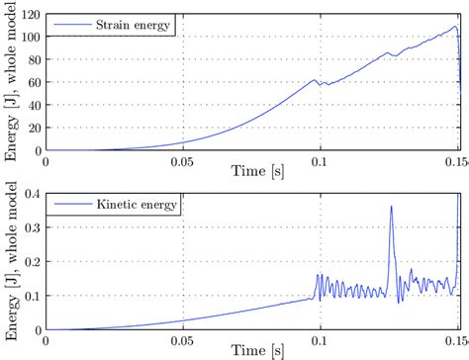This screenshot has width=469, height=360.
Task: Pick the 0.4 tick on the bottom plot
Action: tap(32, 195)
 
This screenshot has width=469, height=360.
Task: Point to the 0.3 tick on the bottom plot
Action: tap(32, 228)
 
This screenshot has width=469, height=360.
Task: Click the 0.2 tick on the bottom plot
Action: tap(32, 262)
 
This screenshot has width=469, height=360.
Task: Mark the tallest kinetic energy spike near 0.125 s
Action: tap(392, 207)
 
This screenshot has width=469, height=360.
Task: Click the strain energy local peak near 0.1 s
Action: tap(315, 80)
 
